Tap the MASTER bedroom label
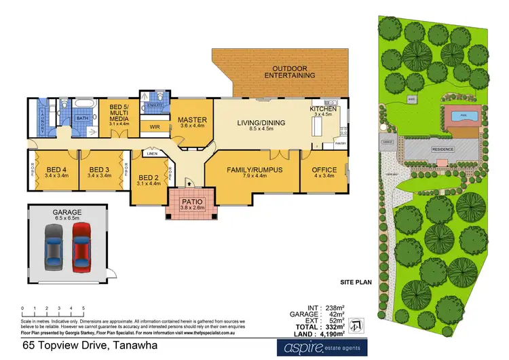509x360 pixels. [x=191, y=120]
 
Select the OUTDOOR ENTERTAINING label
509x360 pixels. [x=293, y=72]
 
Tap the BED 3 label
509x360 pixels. [x=99, y=169]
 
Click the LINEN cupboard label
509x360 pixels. [x=153, y=154]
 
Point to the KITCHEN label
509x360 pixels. [x=323, y=109]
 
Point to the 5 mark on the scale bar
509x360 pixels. [x=83, y=308]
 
